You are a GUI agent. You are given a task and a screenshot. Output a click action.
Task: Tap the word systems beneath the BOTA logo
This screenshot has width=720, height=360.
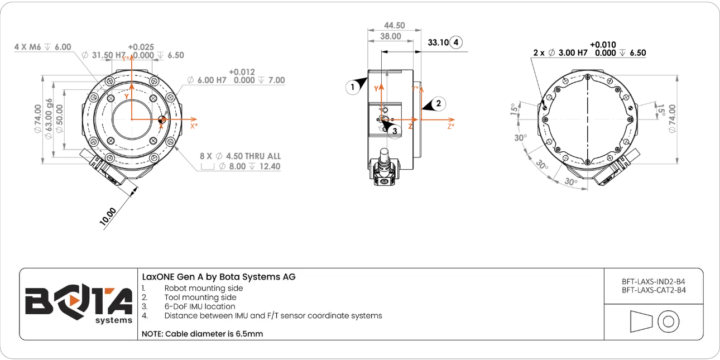[x=114, y=320]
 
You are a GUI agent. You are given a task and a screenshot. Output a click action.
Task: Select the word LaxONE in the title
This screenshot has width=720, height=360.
[x=158, y=277]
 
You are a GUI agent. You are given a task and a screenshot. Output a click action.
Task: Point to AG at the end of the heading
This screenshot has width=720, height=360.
[x=290, y=277]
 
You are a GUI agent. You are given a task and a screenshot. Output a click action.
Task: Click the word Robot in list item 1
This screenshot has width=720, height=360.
[x=176, y=289]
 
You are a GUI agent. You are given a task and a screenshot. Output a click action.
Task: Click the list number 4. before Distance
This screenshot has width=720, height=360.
[x=144, y=315]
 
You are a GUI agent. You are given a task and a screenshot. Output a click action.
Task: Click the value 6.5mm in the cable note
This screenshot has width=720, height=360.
[x=249, y=334]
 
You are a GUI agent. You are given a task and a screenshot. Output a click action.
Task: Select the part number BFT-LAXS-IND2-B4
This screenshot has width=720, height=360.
[x=654, y=282]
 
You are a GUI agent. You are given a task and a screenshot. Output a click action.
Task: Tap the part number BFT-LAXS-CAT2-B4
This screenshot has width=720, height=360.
[x=654, y=290]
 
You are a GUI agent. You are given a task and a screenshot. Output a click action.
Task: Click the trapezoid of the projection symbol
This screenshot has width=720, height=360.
[x=641, y=321]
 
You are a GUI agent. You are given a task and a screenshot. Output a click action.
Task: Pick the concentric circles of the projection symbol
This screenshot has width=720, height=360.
[x=668, y=321]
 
